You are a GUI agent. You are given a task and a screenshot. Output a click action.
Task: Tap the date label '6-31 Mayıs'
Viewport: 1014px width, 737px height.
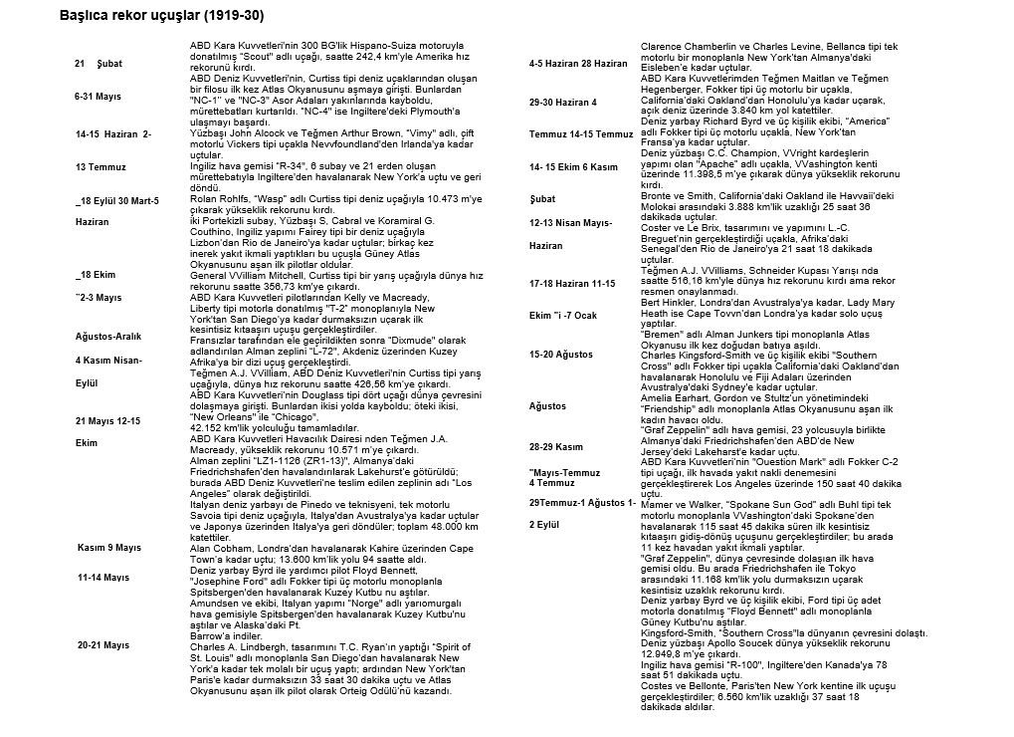(x=98, y=97)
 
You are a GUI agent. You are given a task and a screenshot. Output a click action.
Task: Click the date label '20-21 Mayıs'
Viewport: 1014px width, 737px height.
(x=103, y=645)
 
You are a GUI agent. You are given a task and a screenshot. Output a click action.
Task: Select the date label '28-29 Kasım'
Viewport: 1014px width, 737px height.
(x=556, y=446)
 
